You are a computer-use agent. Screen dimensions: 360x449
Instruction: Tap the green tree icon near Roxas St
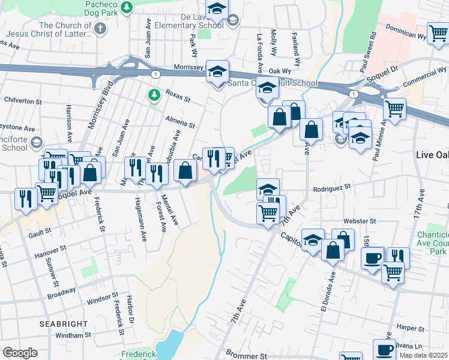tap(154, 95)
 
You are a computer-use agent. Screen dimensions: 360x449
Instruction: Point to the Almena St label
tap(181, 122)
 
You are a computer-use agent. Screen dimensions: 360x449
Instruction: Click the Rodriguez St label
tap(331, 189)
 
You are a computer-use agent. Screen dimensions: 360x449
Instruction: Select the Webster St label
tap(359, 221)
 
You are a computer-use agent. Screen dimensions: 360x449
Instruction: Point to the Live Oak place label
tap(432, 155)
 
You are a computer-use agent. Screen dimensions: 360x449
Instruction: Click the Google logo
tap(20, 352)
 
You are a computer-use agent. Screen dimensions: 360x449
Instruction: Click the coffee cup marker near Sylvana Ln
tap(384, 349)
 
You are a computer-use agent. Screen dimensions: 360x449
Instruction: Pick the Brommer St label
tap(246, 356)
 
